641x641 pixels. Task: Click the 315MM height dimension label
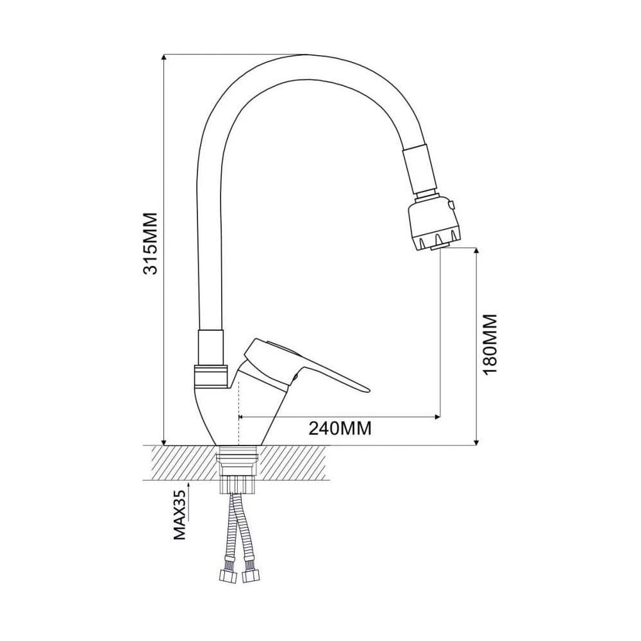click(151, 243)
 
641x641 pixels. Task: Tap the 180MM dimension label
click(490, 344)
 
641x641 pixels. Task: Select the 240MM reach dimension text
click(340, 428)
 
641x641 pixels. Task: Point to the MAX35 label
click(180, 515)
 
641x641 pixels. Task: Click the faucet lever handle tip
click(367, 389)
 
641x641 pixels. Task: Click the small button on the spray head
click(452, 204)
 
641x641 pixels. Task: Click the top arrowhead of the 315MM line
click(164, 58)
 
